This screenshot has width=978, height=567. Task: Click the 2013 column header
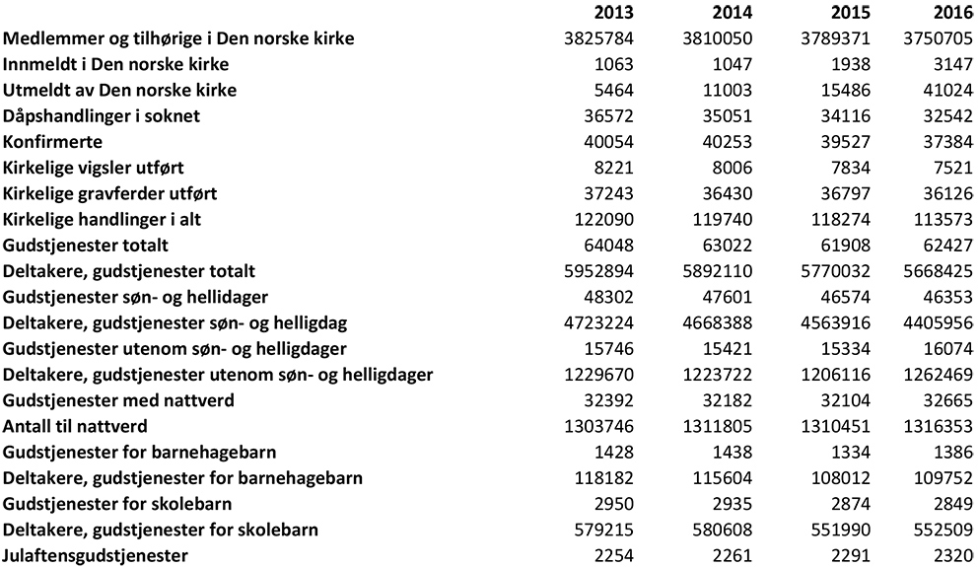pos(613,13)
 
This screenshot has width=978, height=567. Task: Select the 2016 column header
pos(952,13)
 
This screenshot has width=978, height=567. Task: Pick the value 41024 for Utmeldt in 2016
pos(945,91)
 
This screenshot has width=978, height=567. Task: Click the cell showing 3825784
pos(595,38)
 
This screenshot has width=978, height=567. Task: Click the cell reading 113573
pos(940,220)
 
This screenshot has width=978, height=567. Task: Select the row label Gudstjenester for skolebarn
pos(113,504)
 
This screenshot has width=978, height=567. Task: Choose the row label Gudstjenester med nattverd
pos(119,400)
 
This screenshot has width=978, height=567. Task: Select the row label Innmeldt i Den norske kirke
pos(116,64)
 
